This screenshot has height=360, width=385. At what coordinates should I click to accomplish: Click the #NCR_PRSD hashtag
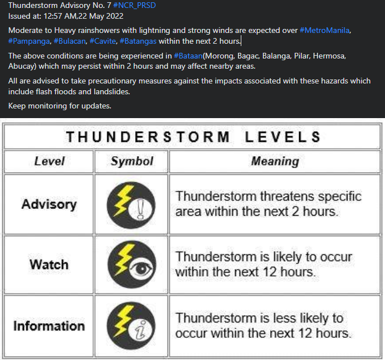tap(134, 5)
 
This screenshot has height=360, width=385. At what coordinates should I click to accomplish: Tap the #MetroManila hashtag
tap(325, 30)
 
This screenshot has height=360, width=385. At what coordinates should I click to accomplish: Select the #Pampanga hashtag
tap(28, 41)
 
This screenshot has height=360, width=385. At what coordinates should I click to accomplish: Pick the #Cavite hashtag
tap(103, 41)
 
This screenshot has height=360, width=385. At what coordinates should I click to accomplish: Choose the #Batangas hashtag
tap(138, 41)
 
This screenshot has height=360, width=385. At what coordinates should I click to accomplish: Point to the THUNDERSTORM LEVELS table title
tap(193, 137)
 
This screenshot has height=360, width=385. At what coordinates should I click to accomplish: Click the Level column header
tap(49, 161)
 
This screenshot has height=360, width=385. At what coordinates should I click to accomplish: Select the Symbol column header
tap(132, 161)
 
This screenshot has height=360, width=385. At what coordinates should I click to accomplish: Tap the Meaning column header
tap(275, 161)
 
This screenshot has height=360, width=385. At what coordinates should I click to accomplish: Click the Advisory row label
tap(49, 204)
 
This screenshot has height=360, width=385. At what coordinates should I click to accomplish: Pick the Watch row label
tap(49, 265)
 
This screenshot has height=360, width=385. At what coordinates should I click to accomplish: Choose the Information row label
tap(49, 326)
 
